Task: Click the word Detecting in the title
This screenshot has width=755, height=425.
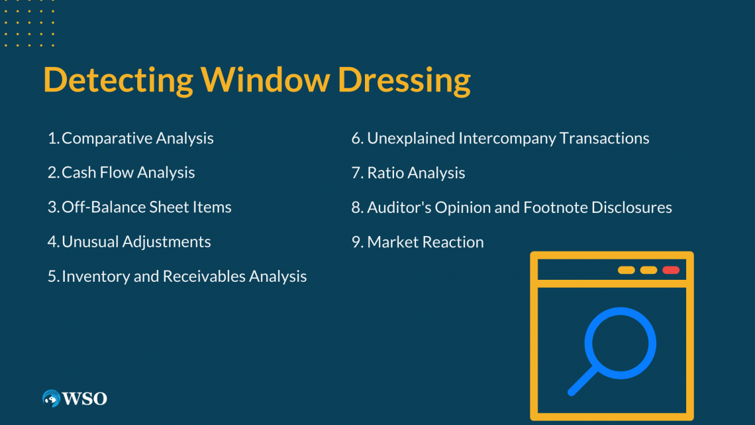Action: [x=118, y=80]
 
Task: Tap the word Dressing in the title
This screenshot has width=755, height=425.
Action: [x=404, y=80]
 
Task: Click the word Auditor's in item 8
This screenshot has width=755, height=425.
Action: [x=399, y=208]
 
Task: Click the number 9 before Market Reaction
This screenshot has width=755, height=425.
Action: [x=357, y=242]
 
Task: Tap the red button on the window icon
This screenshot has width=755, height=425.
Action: [x=671, y=270]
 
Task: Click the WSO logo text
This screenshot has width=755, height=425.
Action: [x=84, y=399]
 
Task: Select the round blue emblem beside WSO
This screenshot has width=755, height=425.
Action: [x=51, y=398]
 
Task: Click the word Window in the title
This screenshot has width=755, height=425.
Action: [x=266, y=80]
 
